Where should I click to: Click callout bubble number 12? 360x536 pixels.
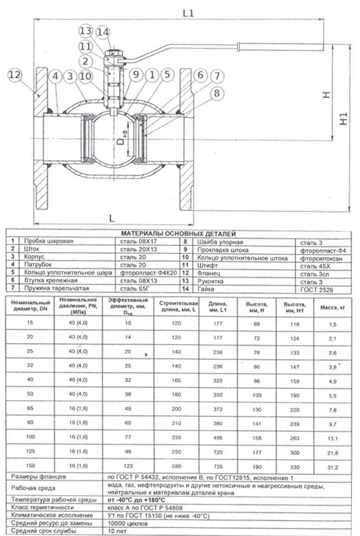pos(14,75)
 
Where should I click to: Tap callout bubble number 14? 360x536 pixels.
pos(102,32)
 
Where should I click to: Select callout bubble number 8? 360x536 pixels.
pos(217,93)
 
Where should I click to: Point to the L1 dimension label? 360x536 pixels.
pos(188,13)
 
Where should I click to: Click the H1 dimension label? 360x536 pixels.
pos(343,118)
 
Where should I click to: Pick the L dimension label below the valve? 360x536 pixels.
pos(112,218)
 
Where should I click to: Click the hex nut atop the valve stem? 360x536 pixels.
pos(112,54)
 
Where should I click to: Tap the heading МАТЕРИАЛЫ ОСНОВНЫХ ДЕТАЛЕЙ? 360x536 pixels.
pos(179,234)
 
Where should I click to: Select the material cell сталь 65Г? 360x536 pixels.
pos(135,288)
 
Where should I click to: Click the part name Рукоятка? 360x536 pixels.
pos(210,281)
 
